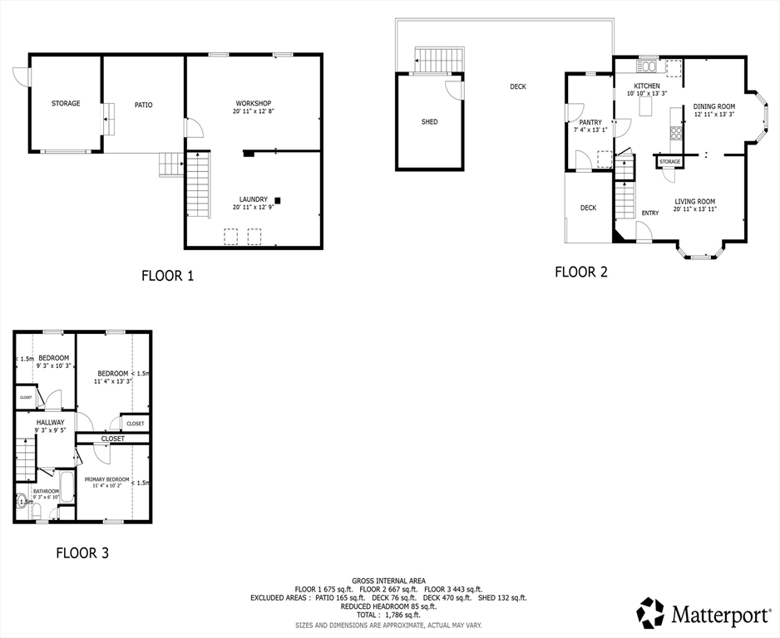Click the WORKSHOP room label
point(253,103)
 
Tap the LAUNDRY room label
point(253,199)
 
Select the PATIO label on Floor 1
point(143,105)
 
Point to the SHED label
point(429,122)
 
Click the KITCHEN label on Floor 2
point(647,86)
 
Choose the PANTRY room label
point(590,122)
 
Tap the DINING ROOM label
point(714,106)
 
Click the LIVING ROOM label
point(694,201)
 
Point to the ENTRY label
point(650,213)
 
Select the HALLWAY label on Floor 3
point(50,422)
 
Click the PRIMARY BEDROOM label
point(106,479)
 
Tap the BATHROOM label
point(47,491)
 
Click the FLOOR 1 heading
point(167,276)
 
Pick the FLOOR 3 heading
point(81,552)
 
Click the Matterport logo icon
point(651,613)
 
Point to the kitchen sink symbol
point(647,65)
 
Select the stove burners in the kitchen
point(676,133)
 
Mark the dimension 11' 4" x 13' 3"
point(112,381)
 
